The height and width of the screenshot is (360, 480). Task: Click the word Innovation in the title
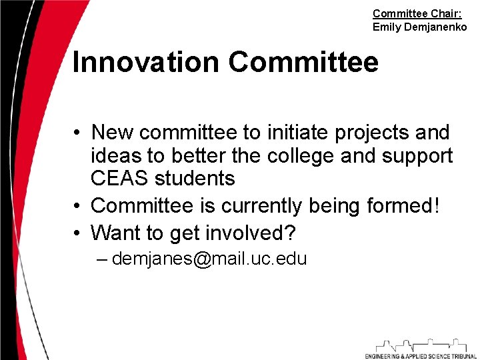[145, 63]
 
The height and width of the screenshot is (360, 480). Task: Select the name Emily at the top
[386, 27]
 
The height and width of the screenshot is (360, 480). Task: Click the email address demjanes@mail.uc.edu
[209, 259]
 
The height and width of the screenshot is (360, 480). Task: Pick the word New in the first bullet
[113, 133]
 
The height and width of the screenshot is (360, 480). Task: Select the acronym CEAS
[120, 179]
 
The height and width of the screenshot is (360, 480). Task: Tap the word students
[195, 179]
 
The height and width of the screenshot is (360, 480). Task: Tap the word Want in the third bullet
[115, 233]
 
